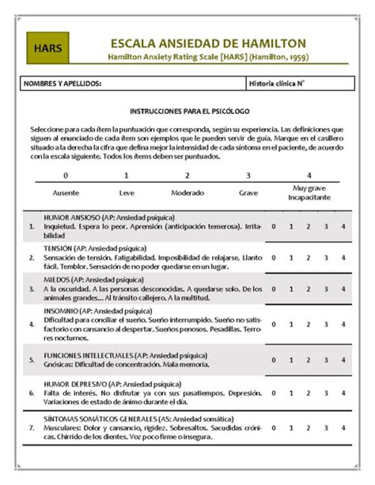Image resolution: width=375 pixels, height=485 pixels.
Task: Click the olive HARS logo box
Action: [48, 48]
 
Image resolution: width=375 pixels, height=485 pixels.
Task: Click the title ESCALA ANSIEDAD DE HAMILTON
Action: [208, 44]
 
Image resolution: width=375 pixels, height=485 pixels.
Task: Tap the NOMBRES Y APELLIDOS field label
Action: [63, 83]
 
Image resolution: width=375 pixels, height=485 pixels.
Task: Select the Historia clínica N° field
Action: [300, 83]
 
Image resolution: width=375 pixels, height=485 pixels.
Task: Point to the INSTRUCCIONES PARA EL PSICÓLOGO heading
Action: [190, 111]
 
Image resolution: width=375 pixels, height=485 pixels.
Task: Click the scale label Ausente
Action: [66, 193]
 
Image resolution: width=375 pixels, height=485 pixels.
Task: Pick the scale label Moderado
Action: [187, 193]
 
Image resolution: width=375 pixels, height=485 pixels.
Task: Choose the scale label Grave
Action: [248, 193]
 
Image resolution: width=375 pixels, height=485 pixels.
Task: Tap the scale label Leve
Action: [127, 193]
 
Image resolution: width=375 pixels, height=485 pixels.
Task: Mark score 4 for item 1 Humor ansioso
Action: [343, 227]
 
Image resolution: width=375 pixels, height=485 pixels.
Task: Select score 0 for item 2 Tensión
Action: [274, 257]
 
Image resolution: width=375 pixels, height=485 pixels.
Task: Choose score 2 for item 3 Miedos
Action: [308, 289]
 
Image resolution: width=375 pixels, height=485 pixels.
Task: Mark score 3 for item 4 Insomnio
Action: [326, 324]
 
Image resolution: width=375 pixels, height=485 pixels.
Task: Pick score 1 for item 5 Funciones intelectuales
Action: [291, 360]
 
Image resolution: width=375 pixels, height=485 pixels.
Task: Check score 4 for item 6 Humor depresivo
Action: [343, 393]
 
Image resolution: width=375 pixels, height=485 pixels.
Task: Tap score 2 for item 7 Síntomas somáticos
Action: [308, 428]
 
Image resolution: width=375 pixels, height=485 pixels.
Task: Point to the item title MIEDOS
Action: [56, 280]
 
